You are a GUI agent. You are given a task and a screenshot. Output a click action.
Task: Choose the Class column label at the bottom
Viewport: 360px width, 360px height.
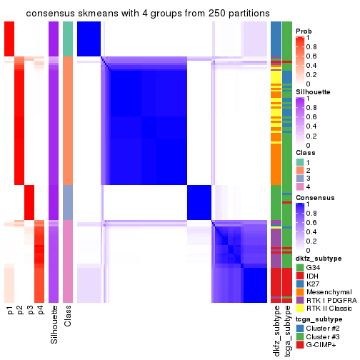click(x=68, y=317)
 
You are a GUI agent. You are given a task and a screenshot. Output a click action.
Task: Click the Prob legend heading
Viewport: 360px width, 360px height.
click(x=304, y=31)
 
